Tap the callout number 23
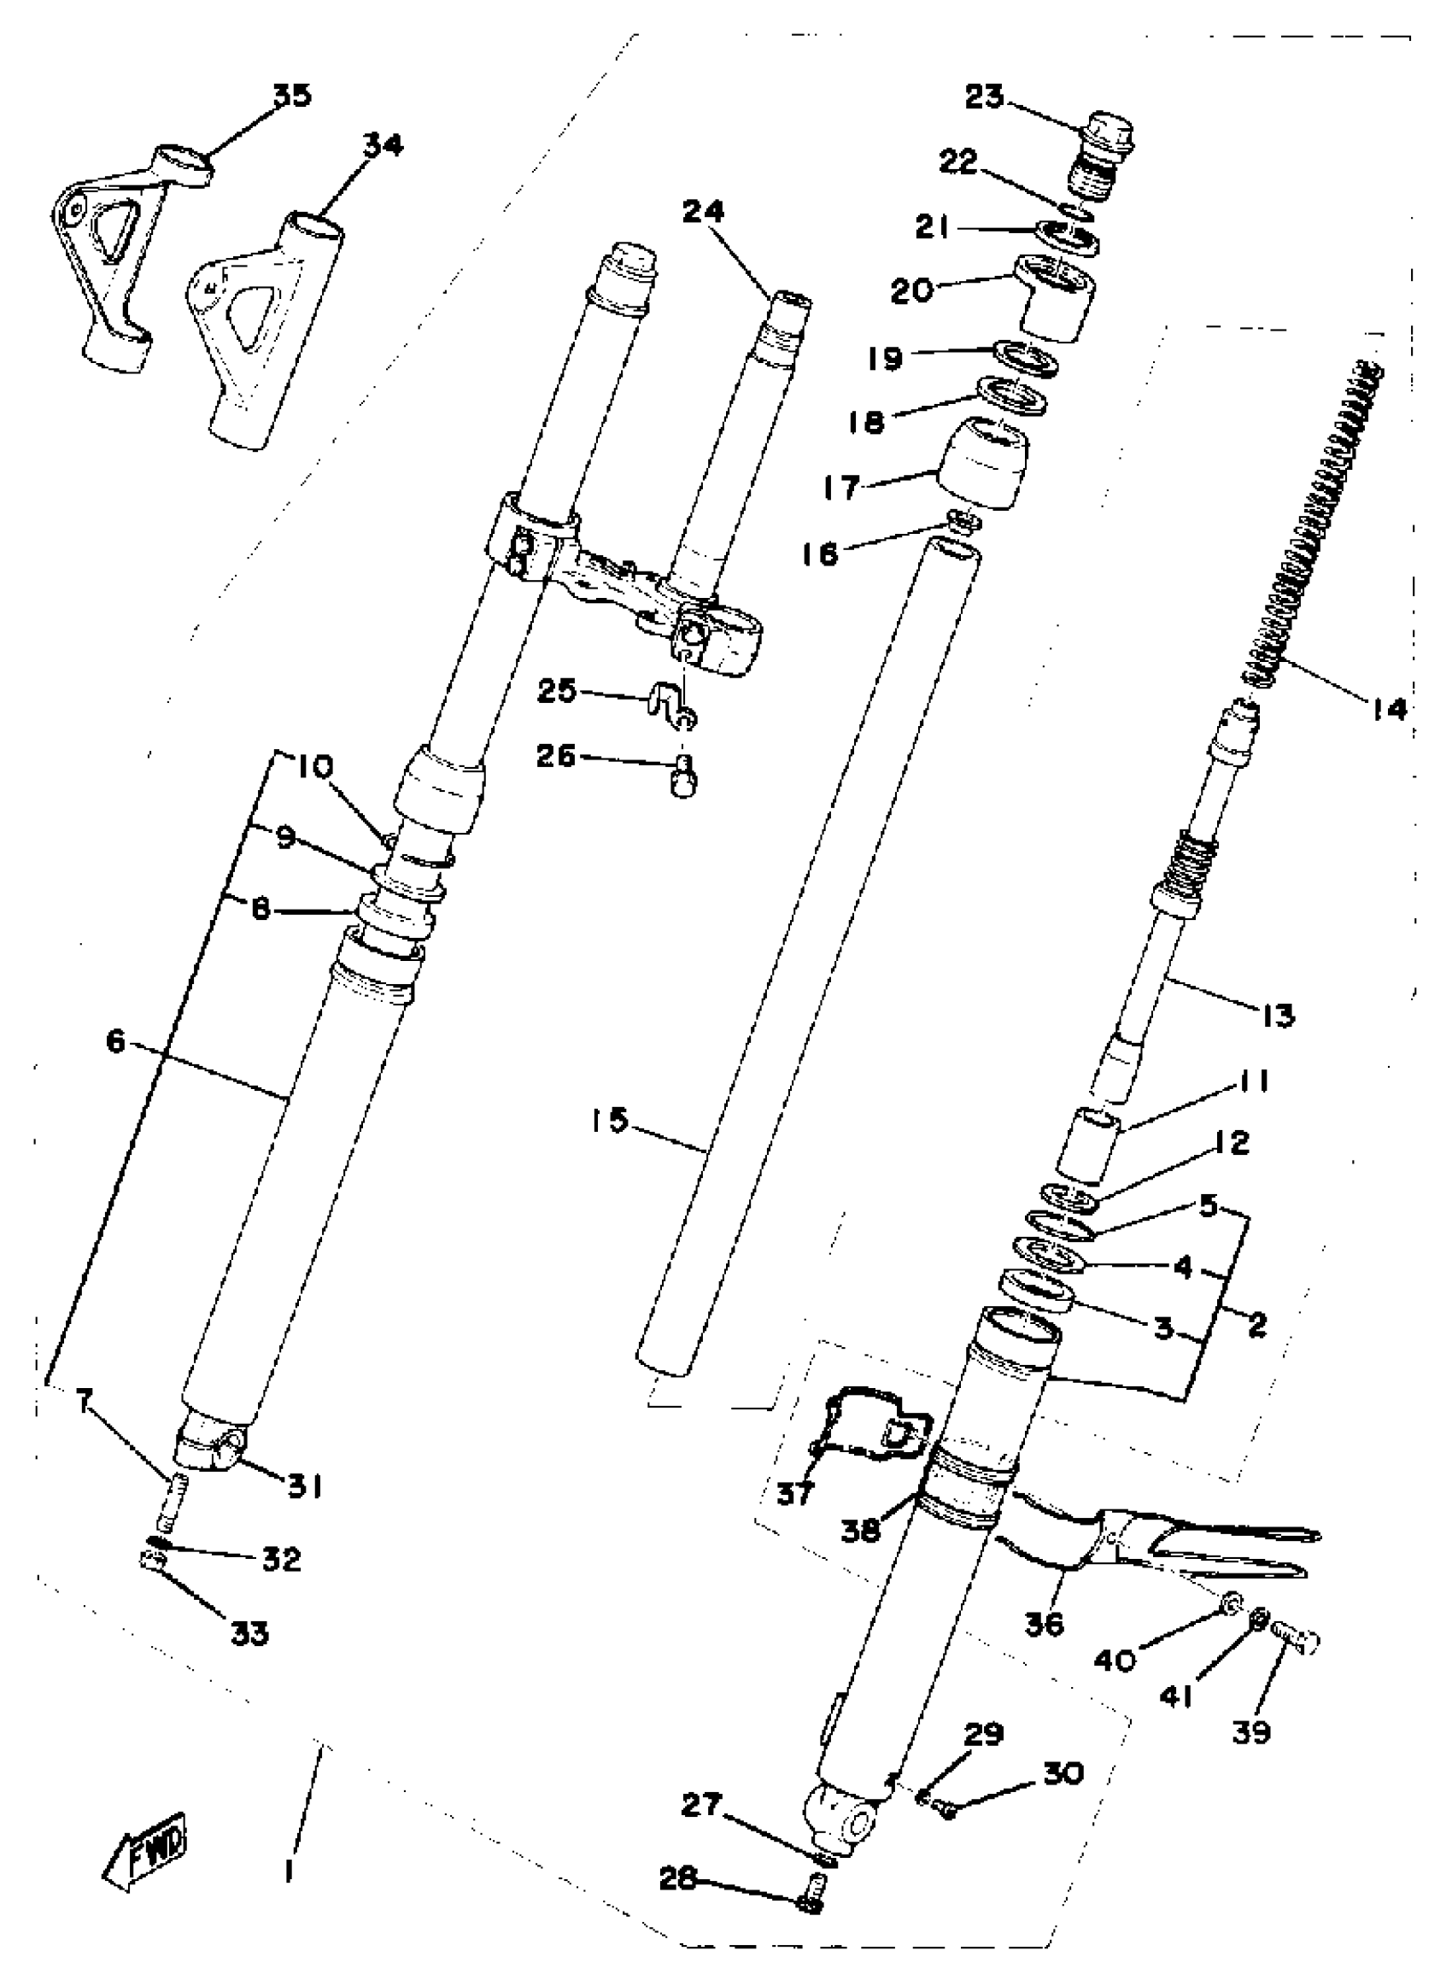984,97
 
